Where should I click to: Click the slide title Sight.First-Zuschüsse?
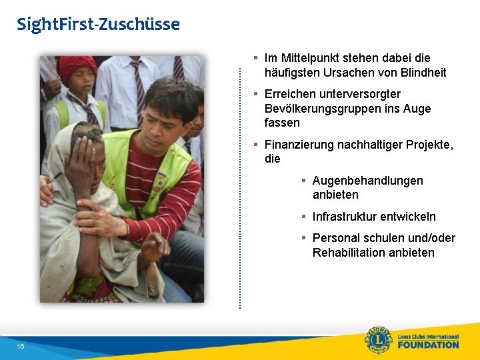[98, 25]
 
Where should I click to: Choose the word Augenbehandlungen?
[367, 181]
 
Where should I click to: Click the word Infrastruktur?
[344, 217]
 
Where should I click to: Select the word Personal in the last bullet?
[335, 238]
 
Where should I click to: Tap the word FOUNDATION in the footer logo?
[428, 345]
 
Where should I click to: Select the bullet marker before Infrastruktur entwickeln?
[303, 217]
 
